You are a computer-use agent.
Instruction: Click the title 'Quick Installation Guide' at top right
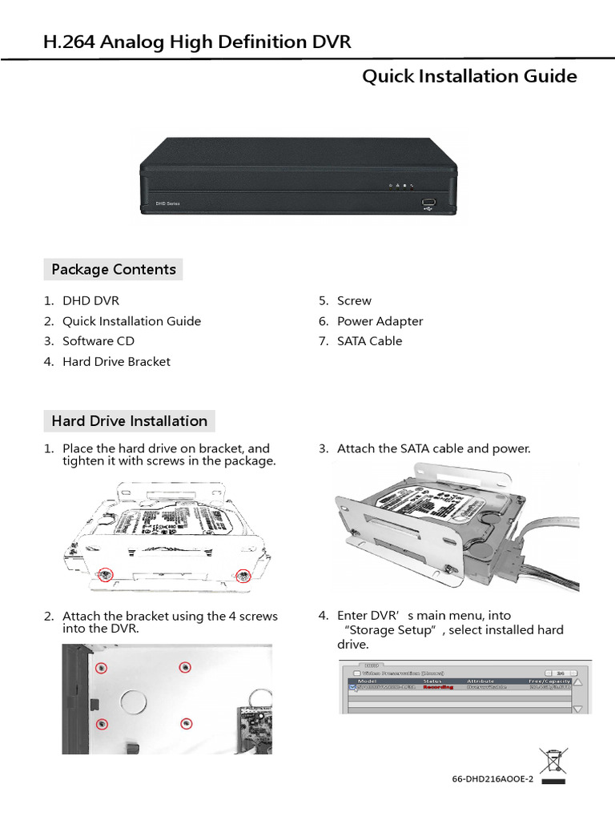(469, 77)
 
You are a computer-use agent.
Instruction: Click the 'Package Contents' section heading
(113, 270)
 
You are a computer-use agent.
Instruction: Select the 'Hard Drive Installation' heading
(129, 421)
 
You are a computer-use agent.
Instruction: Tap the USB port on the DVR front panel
(428, 203)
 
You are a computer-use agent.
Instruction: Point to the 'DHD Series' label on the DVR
(167, 205)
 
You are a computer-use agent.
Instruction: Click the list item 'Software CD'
(98, 341)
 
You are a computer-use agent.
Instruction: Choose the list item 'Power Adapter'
(380, 321)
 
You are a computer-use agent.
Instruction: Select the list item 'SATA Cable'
(369, 341)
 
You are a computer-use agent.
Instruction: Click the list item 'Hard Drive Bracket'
(116, 362)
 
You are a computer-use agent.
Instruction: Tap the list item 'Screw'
(354, 301)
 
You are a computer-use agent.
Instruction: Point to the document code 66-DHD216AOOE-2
(492, 779)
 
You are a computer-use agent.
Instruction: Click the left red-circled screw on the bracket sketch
(104, 573)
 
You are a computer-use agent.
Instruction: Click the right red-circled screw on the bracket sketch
(244, 575)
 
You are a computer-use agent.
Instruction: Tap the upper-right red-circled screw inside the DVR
(185, 667)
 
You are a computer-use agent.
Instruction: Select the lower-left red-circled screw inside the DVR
(102, 724)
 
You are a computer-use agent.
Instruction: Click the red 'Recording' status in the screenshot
(438, 686)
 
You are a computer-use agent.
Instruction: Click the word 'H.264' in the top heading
(69, 42)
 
